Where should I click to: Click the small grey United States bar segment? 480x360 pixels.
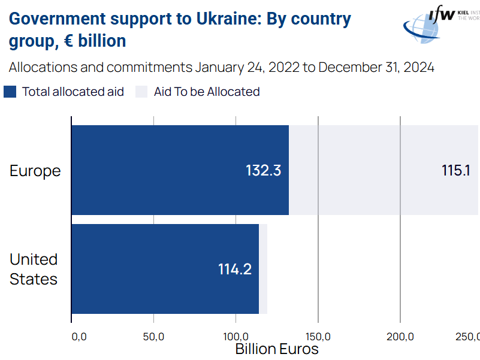(x=263, y=269)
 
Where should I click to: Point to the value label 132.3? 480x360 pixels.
(x=263, y=170)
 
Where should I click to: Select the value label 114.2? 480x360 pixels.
(x=234, y=270)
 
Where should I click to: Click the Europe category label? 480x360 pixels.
(x=35, y=171)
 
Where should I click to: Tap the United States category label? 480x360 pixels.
(x=34, y=269)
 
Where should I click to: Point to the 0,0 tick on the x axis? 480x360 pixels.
(x=79, y=337)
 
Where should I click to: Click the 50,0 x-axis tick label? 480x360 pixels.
(x=153, y=337)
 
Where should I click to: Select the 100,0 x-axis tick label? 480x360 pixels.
(x=236, y=337)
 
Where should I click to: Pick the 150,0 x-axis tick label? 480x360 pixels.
(x=318, y=337)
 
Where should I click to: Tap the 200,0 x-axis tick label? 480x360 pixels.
(x=400, y=337)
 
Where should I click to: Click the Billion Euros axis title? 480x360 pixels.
(x=276, y=349)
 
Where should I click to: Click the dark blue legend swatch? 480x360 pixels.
(x=10, y=92)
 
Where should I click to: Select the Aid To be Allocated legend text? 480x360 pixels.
(x=207, y=92)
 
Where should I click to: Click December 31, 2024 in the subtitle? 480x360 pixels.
(x=376, y=66)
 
